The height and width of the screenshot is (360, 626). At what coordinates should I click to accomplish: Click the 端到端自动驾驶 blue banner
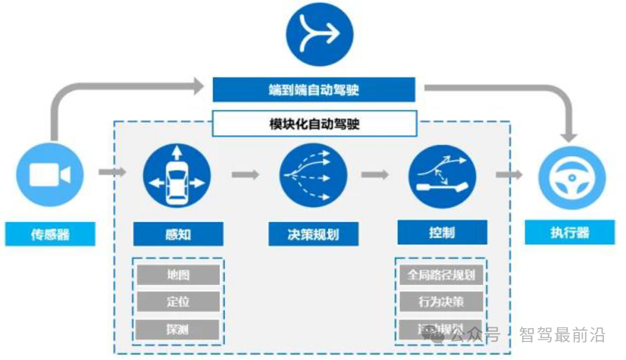(x=314, y=90)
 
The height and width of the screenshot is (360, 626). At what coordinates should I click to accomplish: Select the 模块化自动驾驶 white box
(x=314, y=123)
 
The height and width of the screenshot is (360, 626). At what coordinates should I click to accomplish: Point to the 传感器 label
(x=50, y=234)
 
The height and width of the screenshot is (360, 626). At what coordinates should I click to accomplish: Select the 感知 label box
(x=178, y=234)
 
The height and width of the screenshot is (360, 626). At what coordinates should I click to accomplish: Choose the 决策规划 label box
(x=313, y=234)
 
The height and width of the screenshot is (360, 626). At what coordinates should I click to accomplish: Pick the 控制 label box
(x=442, y=233)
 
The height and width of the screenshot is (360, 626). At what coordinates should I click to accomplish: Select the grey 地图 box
(x=178, y=274)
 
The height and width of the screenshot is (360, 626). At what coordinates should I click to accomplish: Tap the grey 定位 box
(x=178, y=302)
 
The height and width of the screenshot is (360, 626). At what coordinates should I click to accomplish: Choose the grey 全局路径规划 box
(x=441, y=274)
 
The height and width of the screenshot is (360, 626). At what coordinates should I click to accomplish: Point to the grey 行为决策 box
(x=441, y=302)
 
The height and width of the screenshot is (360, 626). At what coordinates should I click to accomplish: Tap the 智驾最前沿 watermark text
(x=562, y=335)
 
